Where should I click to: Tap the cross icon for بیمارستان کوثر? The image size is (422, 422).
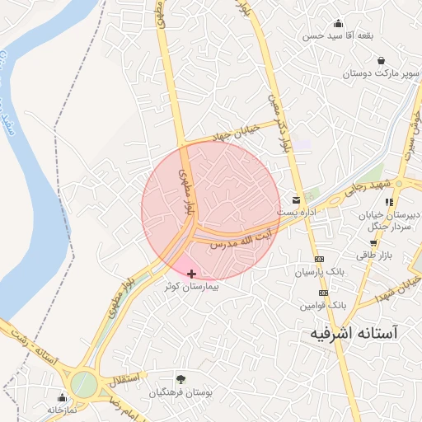click(192, 274)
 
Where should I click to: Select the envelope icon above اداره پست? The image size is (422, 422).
click(296, 199)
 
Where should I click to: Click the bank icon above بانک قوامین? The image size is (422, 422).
click(323, 292)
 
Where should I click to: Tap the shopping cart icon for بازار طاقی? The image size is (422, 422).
click(374, 243)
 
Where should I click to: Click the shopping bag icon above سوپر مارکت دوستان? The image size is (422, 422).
click(381, 60)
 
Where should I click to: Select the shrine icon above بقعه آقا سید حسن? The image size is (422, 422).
click(338, 23)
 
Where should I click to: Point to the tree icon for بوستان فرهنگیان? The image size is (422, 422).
click(181, 380)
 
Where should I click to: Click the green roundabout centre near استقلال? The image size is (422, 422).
click(83, 383)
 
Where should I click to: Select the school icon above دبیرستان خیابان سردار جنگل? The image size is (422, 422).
click(388, 201)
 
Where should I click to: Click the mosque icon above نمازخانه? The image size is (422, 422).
click(62, 397)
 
